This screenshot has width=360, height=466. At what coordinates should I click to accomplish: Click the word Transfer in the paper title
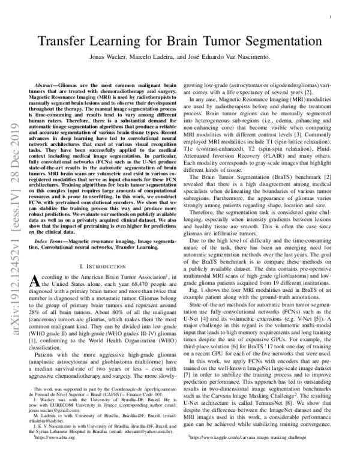click(68, 43)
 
